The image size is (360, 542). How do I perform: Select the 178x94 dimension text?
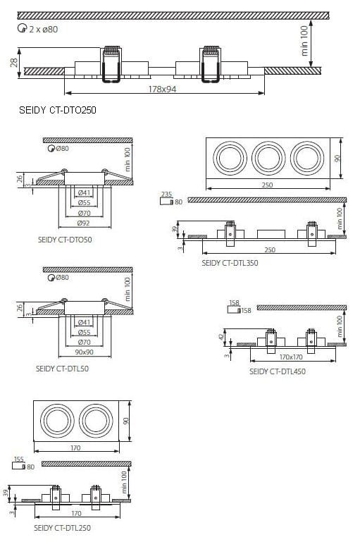163,88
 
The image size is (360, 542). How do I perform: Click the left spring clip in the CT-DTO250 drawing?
111,64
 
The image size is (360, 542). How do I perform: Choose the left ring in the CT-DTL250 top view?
56,420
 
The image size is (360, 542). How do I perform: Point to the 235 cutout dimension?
167,194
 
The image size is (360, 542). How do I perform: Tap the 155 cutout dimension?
19,459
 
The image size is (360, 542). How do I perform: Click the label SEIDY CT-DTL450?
278,371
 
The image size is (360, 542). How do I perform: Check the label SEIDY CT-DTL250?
62,527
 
